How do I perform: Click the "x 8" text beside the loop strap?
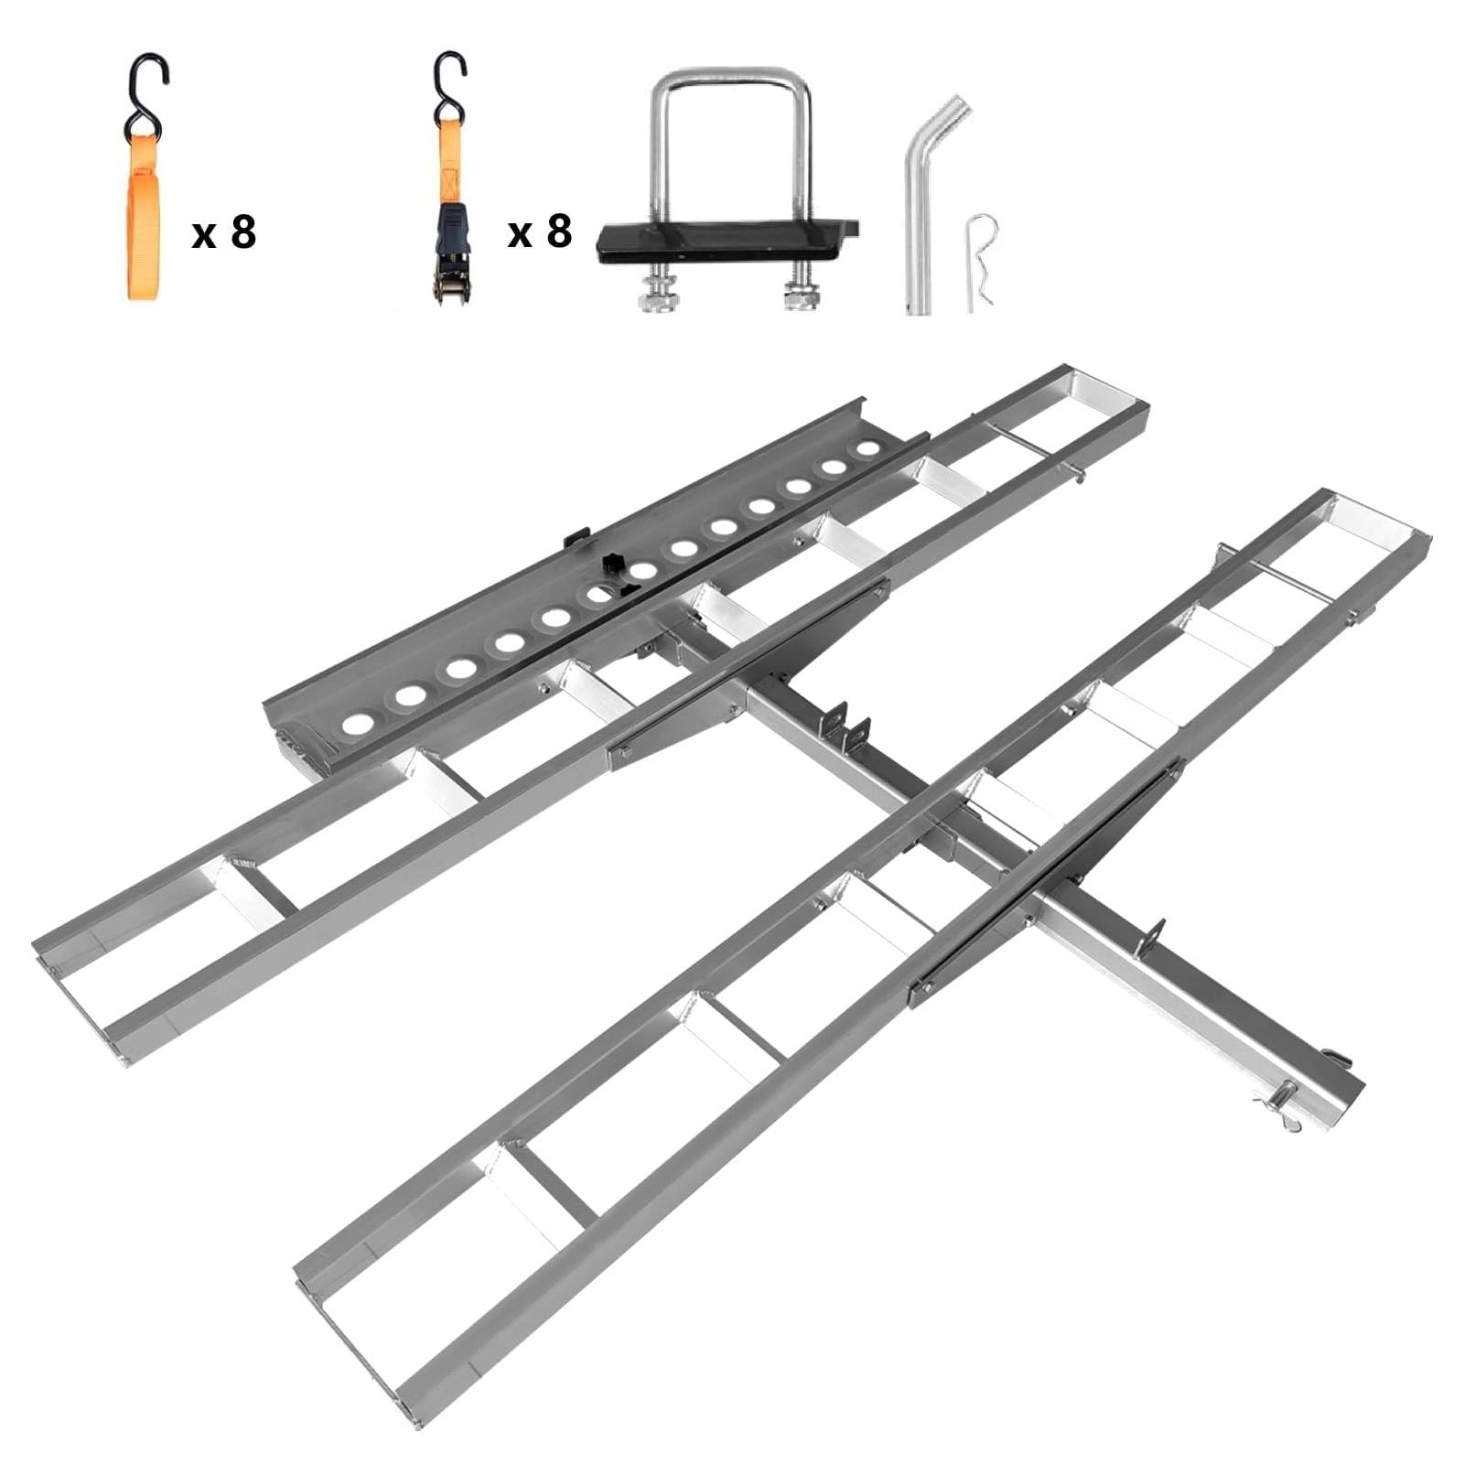point(224,233)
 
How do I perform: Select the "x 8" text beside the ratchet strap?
point(540,232)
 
